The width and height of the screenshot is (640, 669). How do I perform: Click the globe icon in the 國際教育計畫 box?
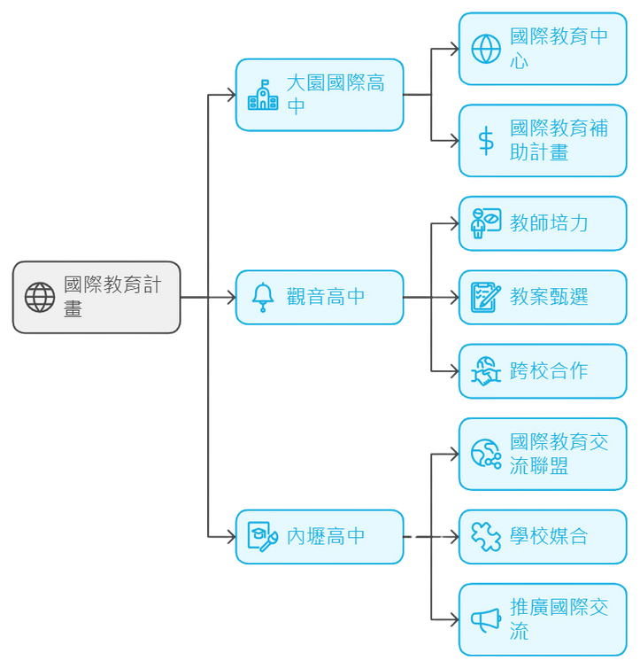(40, 298)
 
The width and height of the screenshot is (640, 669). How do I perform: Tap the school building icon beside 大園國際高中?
(263, 95)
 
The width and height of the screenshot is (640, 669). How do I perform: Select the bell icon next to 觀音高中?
(263, 298)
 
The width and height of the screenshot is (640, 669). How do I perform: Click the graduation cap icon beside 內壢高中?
(263, 536)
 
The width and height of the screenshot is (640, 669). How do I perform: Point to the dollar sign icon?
(486, 141)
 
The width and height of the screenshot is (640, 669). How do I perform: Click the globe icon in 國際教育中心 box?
(486, 49)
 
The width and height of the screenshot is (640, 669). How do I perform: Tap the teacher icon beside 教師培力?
(486, 223)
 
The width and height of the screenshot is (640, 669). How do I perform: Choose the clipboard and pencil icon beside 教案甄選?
(486, 298)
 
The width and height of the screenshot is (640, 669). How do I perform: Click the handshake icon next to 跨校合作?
(486, 371)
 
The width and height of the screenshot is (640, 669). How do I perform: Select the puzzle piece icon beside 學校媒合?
(486, 536)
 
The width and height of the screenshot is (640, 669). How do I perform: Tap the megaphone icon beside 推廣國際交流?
(486, 620)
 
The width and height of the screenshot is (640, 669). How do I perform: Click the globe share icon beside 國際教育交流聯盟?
(486, 454)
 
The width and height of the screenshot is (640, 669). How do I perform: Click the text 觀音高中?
(326, 297)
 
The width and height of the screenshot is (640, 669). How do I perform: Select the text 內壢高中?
(326, 536)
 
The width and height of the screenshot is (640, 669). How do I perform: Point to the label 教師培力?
(549, 223)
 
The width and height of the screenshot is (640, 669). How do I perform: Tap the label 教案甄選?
(549, 297)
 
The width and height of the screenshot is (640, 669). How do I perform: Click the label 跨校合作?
(549, 371)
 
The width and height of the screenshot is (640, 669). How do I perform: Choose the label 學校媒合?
(549, 536)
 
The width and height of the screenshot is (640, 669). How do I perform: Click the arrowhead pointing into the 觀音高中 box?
(232, 298)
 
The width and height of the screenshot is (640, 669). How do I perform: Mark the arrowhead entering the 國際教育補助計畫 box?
(455, 141)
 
